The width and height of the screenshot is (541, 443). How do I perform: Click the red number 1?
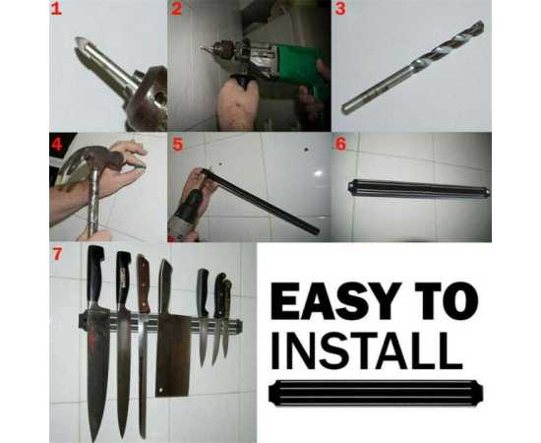[56, 9]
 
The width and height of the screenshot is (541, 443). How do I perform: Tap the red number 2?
[177, 9]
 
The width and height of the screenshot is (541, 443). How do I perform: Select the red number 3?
[340, 9]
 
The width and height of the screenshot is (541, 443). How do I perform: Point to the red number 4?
[57, 144]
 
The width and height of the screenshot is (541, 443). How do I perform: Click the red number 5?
[177, 145]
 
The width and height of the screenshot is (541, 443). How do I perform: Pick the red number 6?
[341, 144]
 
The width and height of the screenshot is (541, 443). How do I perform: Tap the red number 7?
[57, 254]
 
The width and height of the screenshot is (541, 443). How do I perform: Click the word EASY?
[336, 300]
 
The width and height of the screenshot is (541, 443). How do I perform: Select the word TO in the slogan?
[447, 300]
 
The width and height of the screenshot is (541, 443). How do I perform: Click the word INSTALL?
[367, 350]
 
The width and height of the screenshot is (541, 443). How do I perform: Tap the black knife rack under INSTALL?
[376, 392]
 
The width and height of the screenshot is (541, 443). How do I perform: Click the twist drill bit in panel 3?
[413, 67]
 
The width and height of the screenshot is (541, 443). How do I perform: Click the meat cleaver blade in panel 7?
[172, 355]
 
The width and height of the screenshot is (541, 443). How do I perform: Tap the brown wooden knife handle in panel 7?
[143, 284]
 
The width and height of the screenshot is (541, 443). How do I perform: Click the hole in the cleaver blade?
[160, 390]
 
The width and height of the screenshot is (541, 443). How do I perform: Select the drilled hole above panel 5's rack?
[306, 150]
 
